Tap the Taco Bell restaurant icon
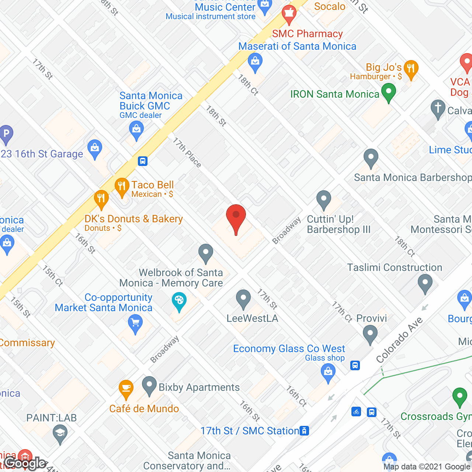pyautogui.click(x=121, y=188)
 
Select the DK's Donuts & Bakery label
pyautogui.click(x=133, y=219)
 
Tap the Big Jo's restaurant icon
pyautogui.click(x=410, y=69)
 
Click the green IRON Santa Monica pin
pyautogui.click(x=388, y=92)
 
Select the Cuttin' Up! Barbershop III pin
pyautogui.click(x=323, y=200)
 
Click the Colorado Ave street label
pyautogui.click(x=399, y=340)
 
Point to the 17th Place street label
pyautogui.click(x=187, y=152)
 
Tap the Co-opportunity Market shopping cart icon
pyautogui.click(x=135, y=324)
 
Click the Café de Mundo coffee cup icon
pyautogui.click(x=126, y=389)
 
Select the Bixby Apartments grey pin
pyautogui.click(x=149, y=386)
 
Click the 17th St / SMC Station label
pyautogui.click(x=250, y=431)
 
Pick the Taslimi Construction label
pyautogui.click(x=395, y=267)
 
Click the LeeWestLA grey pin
pyautogui.click(x=243, y=299)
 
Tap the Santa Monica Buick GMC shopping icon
pyautogui.click(x=136, y=131)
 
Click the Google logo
pyautogui.click(x=25, y=463)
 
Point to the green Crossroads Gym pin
pyautogui.click(x=459, y=398)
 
